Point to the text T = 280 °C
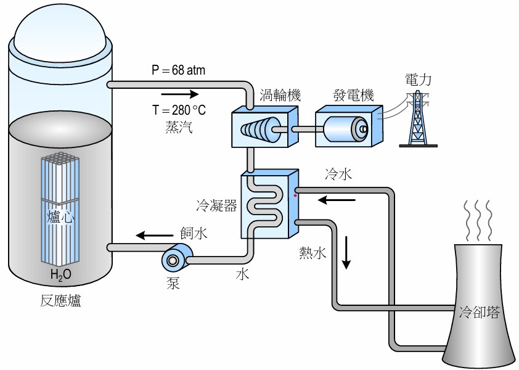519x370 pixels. pos(179,111)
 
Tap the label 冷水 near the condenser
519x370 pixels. pos(338,175)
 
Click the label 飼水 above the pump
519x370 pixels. pos(194,234)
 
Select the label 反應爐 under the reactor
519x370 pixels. pos(61,302)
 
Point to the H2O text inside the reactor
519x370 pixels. pos(61,275)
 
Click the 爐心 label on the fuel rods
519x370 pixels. pos(60,217)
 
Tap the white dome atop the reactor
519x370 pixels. pos(60,31)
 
